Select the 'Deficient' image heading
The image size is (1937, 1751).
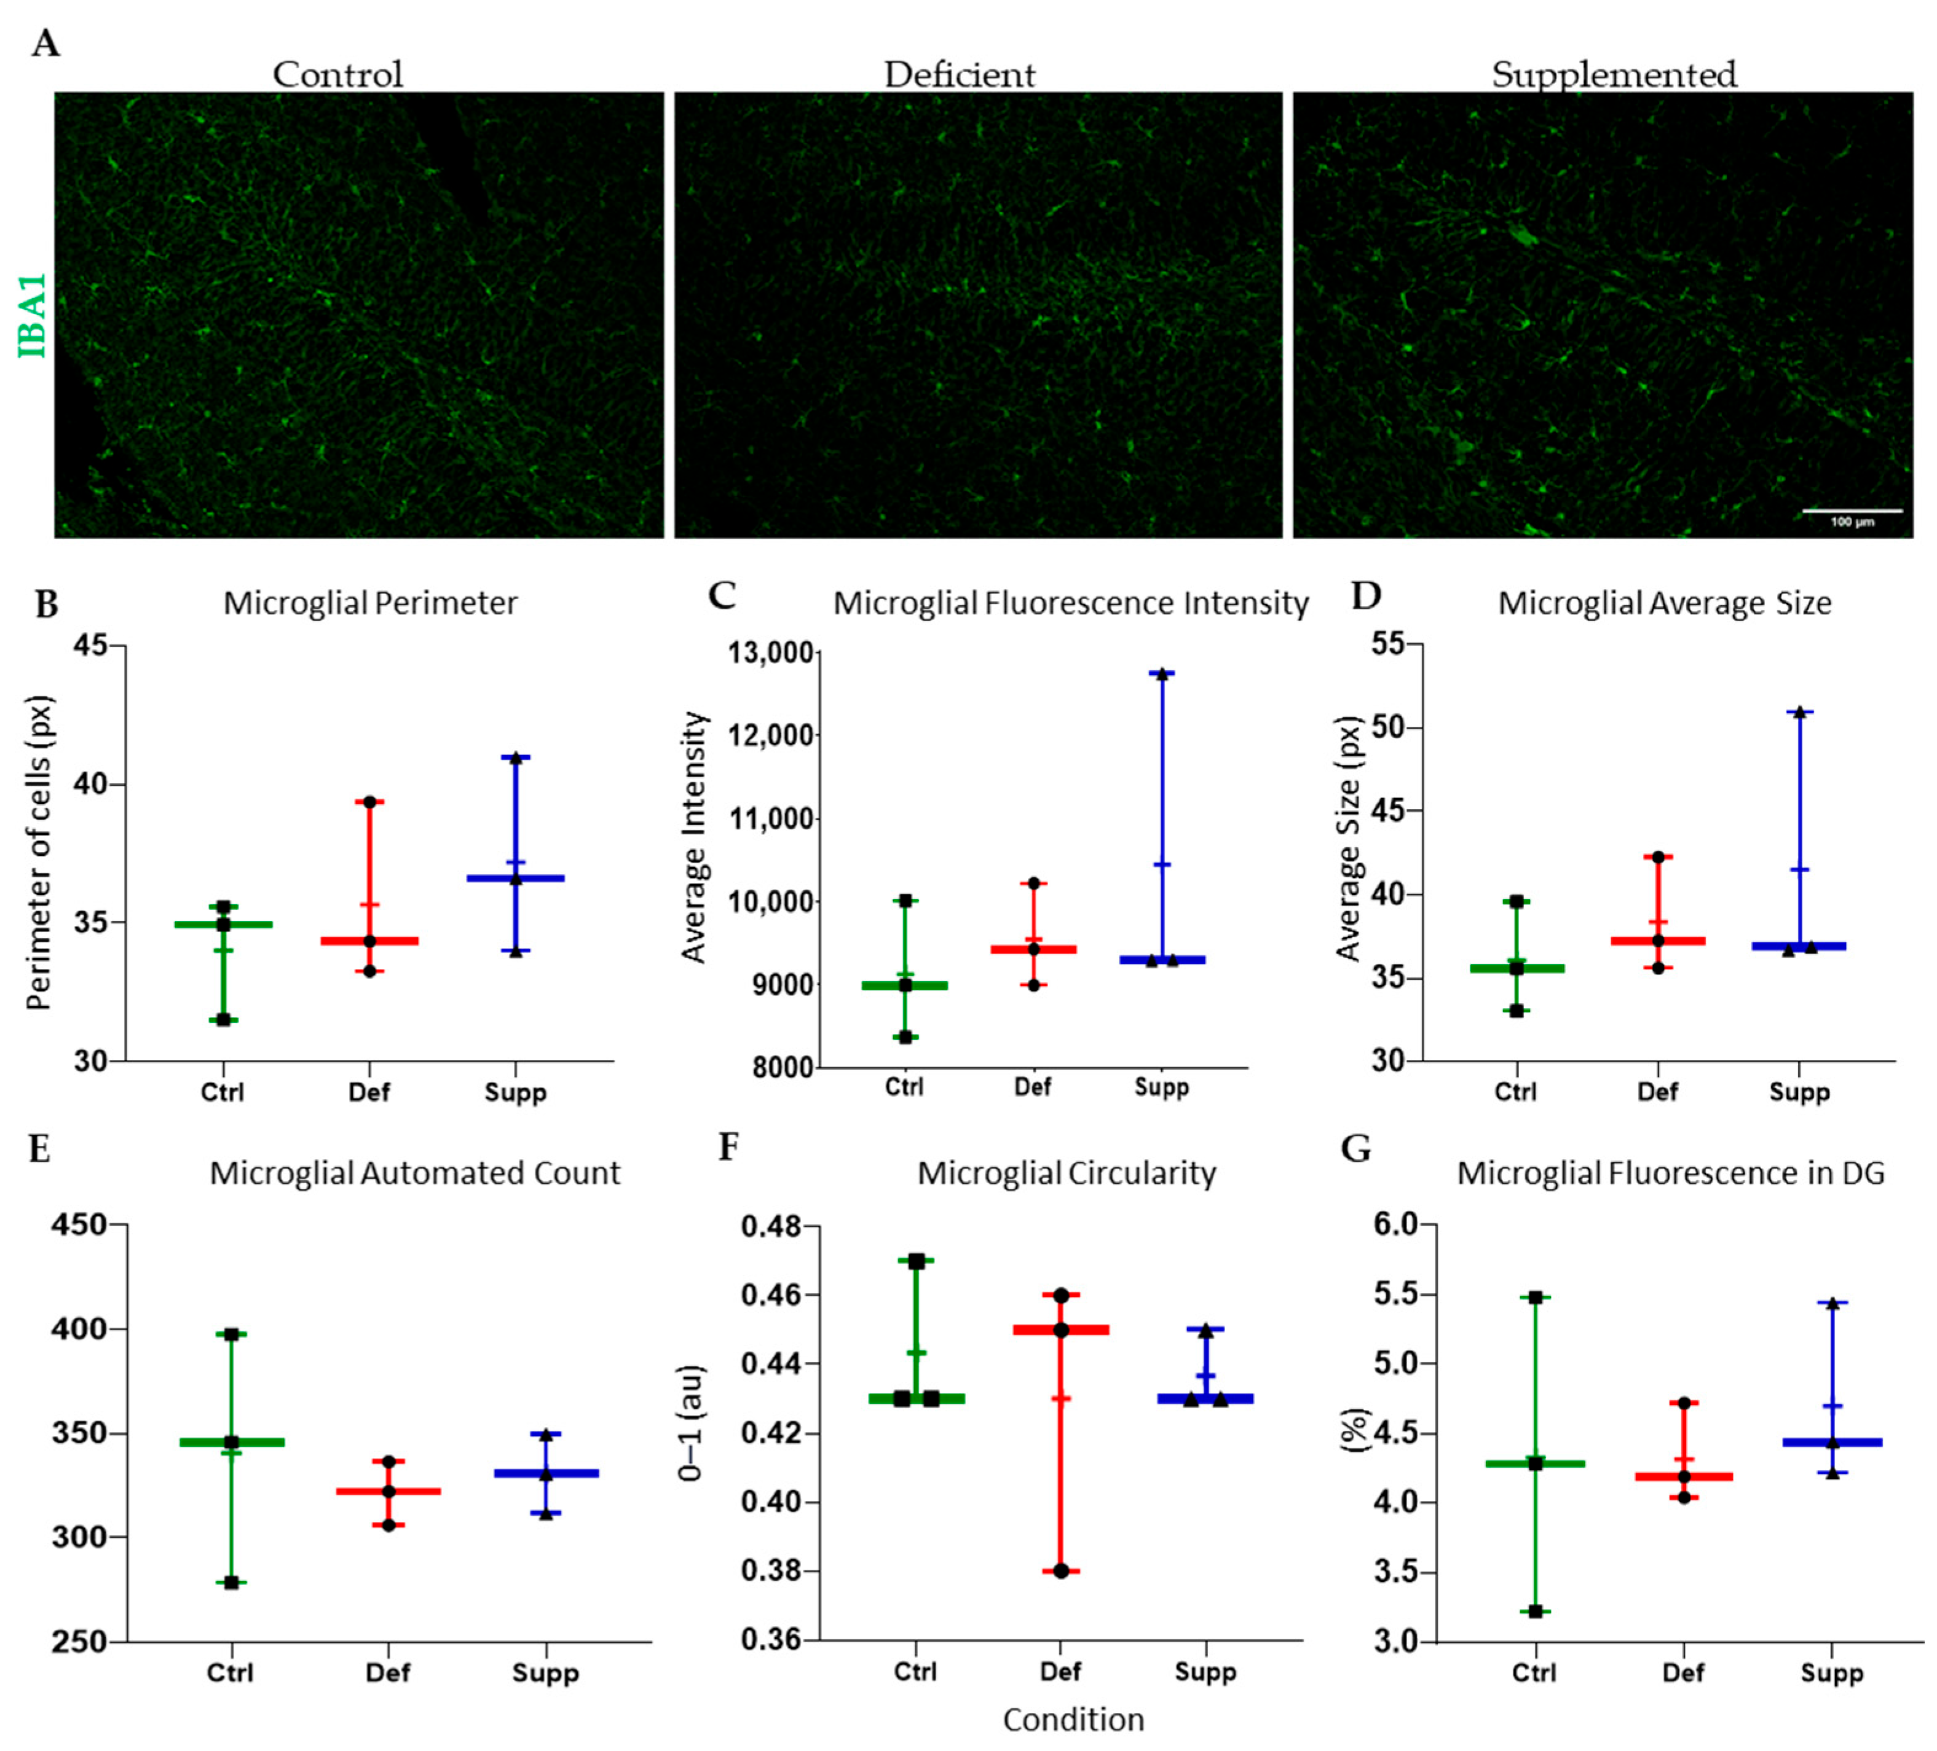point(959,75)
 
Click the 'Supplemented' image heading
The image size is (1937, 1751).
point(1614,75)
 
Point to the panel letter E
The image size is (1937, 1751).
point(39,1149)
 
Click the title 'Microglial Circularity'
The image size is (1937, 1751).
point(1067,1173)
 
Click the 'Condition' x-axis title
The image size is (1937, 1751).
point(1073,1719)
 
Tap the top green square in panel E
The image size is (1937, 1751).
point(232,1334)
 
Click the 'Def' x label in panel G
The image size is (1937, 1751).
point(1683,1672)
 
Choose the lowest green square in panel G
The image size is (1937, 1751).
point(1536,1611)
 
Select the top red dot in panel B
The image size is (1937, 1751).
point(369,801)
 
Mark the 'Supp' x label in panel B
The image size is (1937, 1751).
point(515,1092)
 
